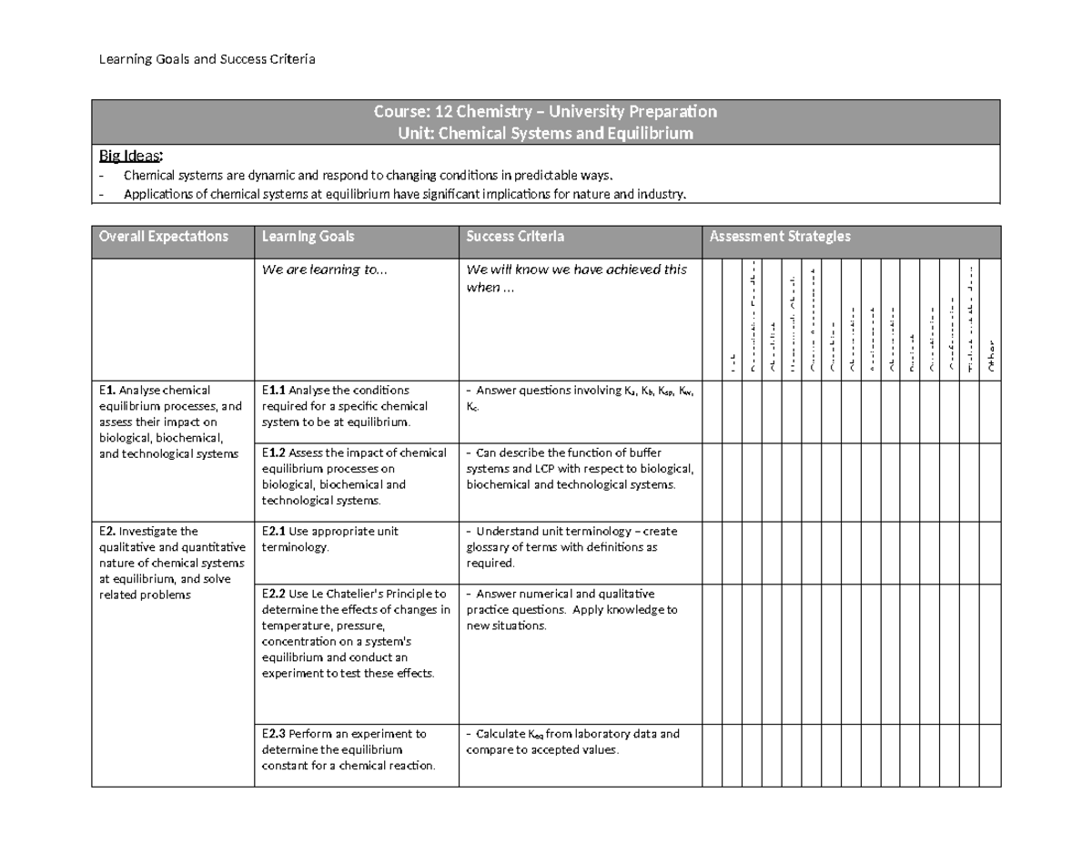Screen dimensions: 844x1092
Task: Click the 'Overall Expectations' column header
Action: pyautogui.click(x=163, y=237)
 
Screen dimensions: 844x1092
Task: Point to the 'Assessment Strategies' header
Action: pyautogui.click(x=780, y=237)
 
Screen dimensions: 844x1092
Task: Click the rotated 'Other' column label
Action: pyautogui.click(x=991, y=356)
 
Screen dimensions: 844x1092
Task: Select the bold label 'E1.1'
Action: pyautogui.click(x=274, y=391)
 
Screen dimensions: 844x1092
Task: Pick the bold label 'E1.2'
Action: pyautogui.click(x=274, y=453)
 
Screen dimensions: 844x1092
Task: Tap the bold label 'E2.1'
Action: pyautogui.click(x=274, y=532)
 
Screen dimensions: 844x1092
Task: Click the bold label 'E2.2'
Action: pyautogui.click(x=274, y=594)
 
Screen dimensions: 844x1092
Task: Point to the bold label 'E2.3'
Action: pyautogui.click(x=274, y=734)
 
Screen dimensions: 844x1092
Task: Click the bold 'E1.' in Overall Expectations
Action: pyautogui.click(x=106, y=391)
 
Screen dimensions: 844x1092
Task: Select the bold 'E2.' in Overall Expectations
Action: pyautogui.click(x=106, y=532)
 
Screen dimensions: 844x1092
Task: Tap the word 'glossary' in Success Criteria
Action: pyautogui.click(x=490, y=547)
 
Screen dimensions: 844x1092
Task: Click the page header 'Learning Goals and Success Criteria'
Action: pyautogui.click(x=207, y=60)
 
